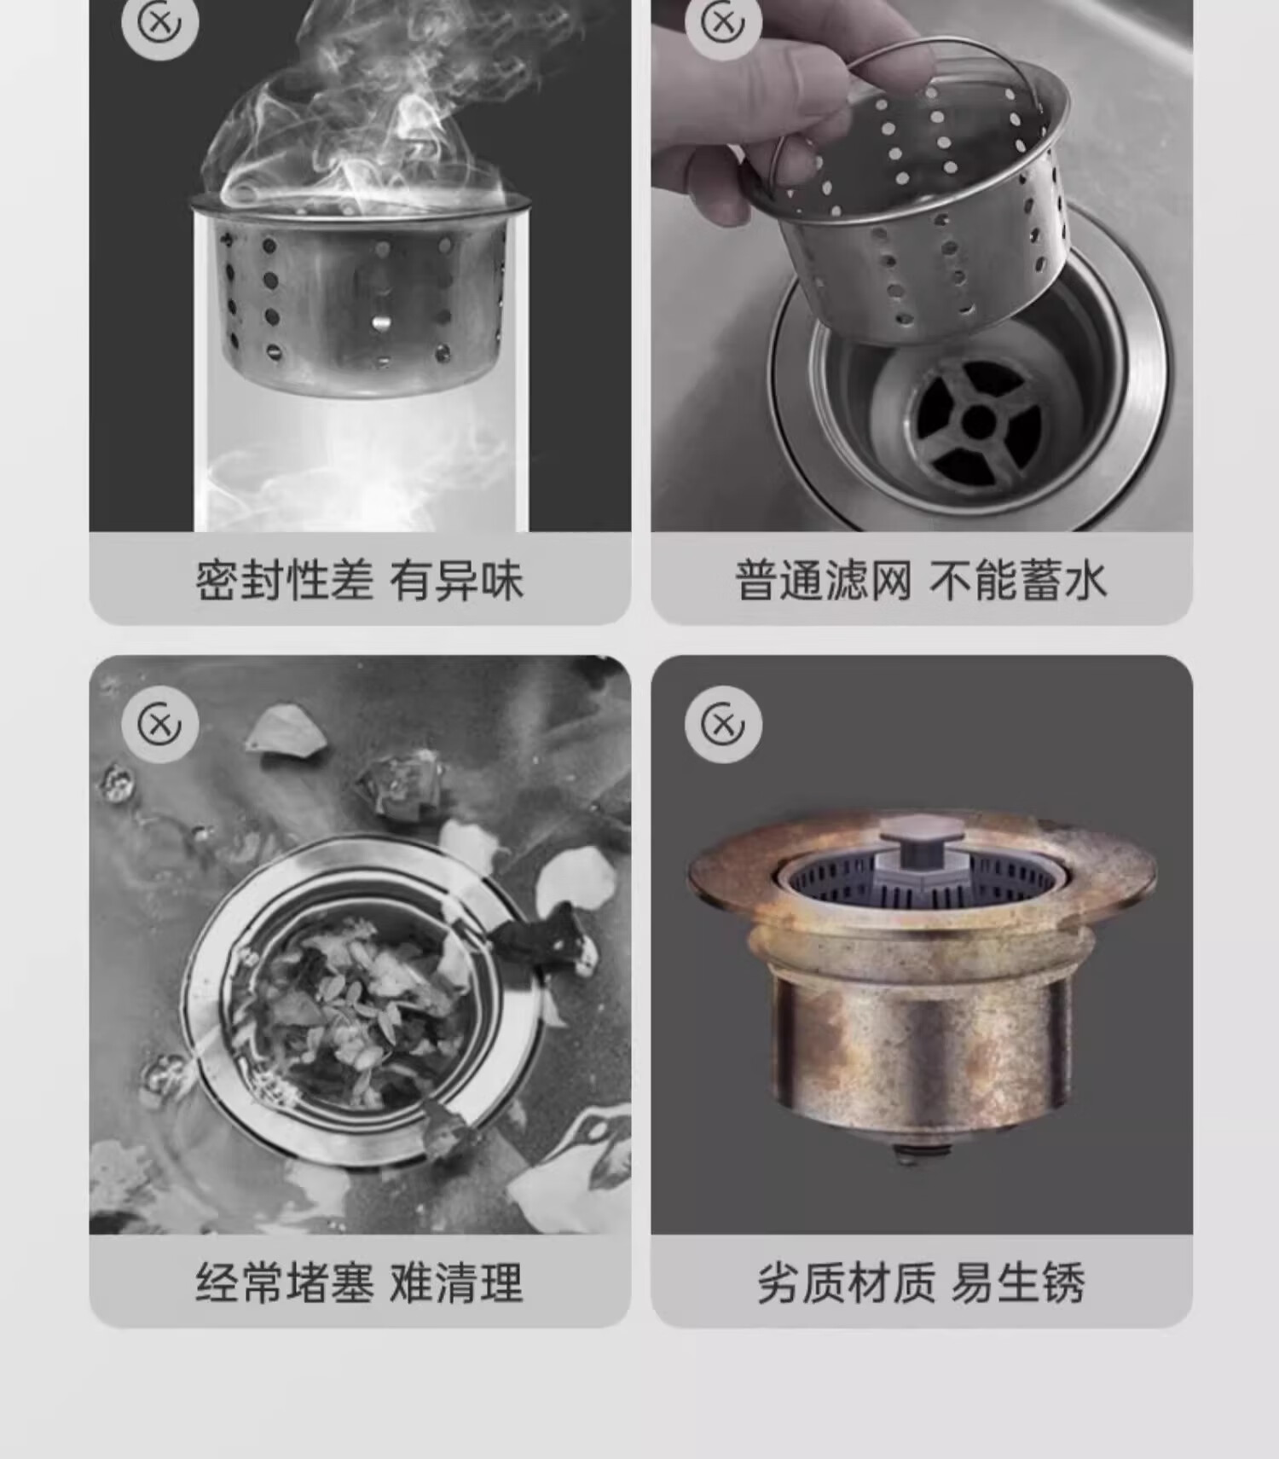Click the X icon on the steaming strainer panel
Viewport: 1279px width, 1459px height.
[x=159, y=23]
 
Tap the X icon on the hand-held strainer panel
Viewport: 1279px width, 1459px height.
[x=722, y=23]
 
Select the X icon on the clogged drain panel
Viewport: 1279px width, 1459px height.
[x=159, y=725]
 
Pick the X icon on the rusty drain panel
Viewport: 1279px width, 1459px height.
[x=723, y=725]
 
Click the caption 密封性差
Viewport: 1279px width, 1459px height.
[x=285, y=582]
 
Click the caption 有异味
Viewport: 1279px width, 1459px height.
[x=456, y=582]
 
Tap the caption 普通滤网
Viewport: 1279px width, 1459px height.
[x=824, y=582]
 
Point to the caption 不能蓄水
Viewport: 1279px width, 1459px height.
[x=1018, y=582]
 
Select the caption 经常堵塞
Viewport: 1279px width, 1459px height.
[x=285, y=1283]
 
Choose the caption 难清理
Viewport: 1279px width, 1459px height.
[x=456, y=1283]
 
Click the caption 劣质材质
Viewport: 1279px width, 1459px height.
[x=847, y=1283]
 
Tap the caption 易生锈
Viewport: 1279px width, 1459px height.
[x=1017, y=1283]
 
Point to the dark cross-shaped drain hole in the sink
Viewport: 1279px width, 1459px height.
[x=979, y=420]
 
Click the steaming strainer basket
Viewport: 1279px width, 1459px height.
[x=360, y=294]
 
